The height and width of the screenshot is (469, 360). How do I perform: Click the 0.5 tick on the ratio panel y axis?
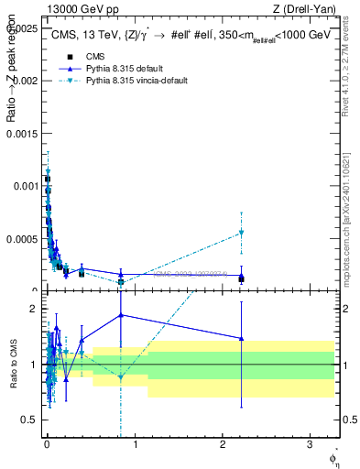30,420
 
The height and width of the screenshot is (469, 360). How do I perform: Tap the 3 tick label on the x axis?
310,443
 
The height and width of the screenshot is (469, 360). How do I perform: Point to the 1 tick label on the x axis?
135,443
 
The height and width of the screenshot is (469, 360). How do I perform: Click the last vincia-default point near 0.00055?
241,233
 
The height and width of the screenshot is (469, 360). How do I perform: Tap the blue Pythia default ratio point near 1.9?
121,315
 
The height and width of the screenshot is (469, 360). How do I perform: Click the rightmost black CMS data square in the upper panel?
241,278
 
